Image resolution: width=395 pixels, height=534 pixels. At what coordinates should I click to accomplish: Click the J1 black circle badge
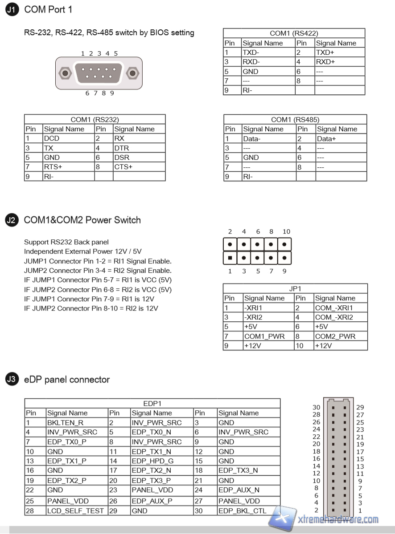point(12,10)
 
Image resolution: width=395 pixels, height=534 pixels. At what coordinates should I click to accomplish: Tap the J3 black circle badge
point(12,380)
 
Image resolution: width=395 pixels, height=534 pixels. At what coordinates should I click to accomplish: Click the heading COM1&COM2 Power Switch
point(82,220)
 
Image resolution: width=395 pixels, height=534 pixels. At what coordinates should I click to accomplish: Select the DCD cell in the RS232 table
point(52,138)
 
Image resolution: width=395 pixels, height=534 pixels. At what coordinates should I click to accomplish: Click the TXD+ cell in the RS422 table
point(325,53)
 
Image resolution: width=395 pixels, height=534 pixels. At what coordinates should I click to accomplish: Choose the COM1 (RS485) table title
point(295,120)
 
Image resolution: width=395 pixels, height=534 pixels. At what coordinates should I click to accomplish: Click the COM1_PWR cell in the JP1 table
point(264,336)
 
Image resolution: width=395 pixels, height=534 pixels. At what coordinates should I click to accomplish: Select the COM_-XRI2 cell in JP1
point(334,317)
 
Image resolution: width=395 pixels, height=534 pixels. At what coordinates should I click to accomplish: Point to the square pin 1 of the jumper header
point(230,258)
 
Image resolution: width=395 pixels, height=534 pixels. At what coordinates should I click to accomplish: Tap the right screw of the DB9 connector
point(132,73)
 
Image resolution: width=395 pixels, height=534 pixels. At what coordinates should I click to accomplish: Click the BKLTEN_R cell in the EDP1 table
point(65,423)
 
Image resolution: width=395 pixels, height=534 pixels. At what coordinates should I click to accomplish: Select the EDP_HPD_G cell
point(152,461)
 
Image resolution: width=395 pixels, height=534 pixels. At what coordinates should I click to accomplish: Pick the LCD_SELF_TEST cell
point(75,511)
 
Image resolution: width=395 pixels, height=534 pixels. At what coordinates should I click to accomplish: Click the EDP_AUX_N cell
point(239,490)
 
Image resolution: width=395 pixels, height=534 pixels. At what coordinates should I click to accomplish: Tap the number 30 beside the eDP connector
point(316,407)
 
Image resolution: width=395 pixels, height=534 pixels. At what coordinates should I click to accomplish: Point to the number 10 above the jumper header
point(286,231)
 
